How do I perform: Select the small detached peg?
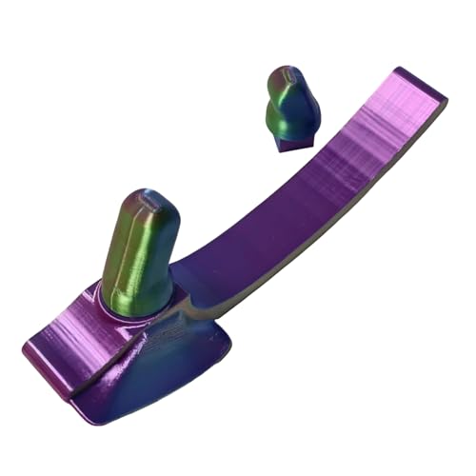click(x=290, y=109)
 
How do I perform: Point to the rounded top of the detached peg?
click(x=288, y=78)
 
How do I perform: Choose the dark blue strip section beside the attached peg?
click(x=205, y=276)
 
